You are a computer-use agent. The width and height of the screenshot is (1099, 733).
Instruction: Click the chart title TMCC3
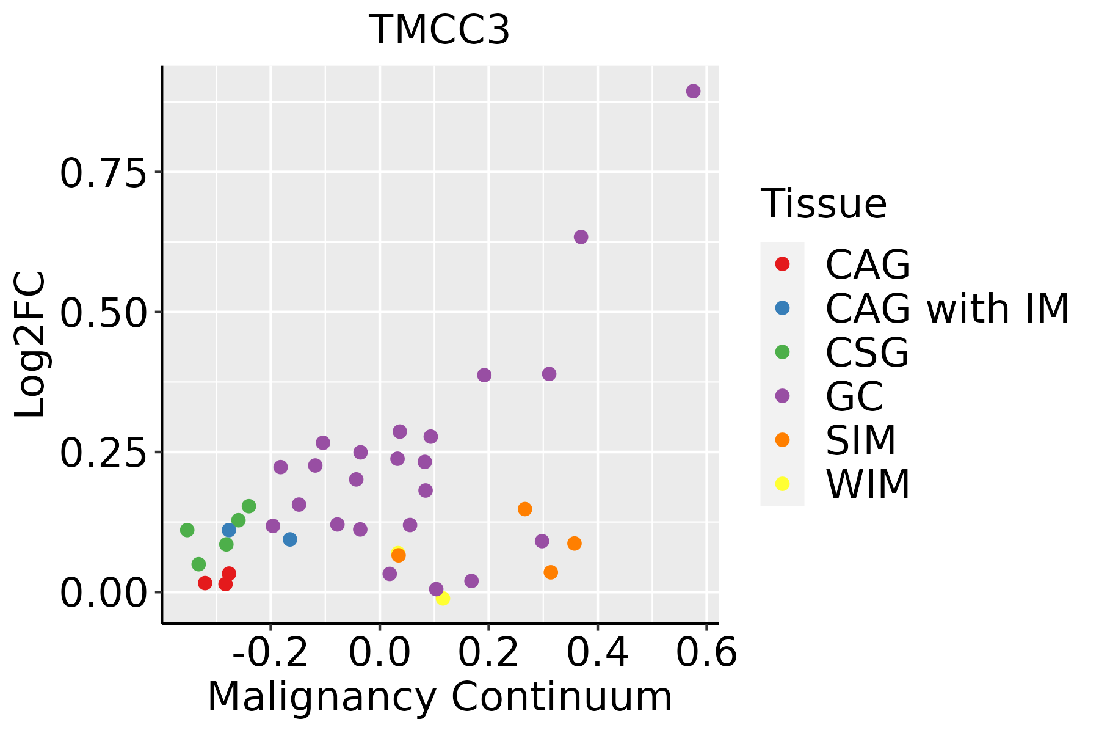coord(440,30)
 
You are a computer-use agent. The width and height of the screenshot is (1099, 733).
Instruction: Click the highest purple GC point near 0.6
coord(693,91)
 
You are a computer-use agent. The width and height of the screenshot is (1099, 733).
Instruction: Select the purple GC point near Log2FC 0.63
coord(581,237)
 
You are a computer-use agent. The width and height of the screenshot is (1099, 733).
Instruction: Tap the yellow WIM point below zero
coord(443,598)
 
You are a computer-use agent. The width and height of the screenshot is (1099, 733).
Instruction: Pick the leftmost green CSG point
coord(187,530)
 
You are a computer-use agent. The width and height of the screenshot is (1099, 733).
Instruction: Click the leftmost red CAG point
coord(205,583)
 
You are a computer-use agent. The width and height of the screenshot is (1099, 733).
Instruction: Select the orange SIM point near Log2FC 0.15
coord(525,509)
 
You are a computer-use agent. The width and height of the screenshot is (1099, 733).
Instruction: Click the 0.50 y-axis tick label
coord(104,313)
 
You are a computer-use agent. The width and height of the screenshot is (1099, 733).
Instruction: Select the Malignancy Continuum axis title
coord(440,698)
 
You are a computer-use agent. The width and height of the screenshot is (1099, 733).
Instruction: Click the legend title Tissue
coord(824,204)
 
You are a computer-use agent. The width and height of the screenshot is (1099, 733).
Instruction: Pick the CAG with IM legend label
coord(947,308)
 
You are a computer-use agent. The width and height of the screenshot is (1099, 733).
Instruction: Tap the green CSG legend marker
coord(782,352)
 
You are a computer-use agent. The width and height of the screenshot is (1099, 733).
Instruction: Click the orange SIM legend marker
coord(782,440)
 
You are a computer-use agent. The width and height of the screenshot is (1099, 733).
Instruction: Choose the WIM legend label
coord(868,484)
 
